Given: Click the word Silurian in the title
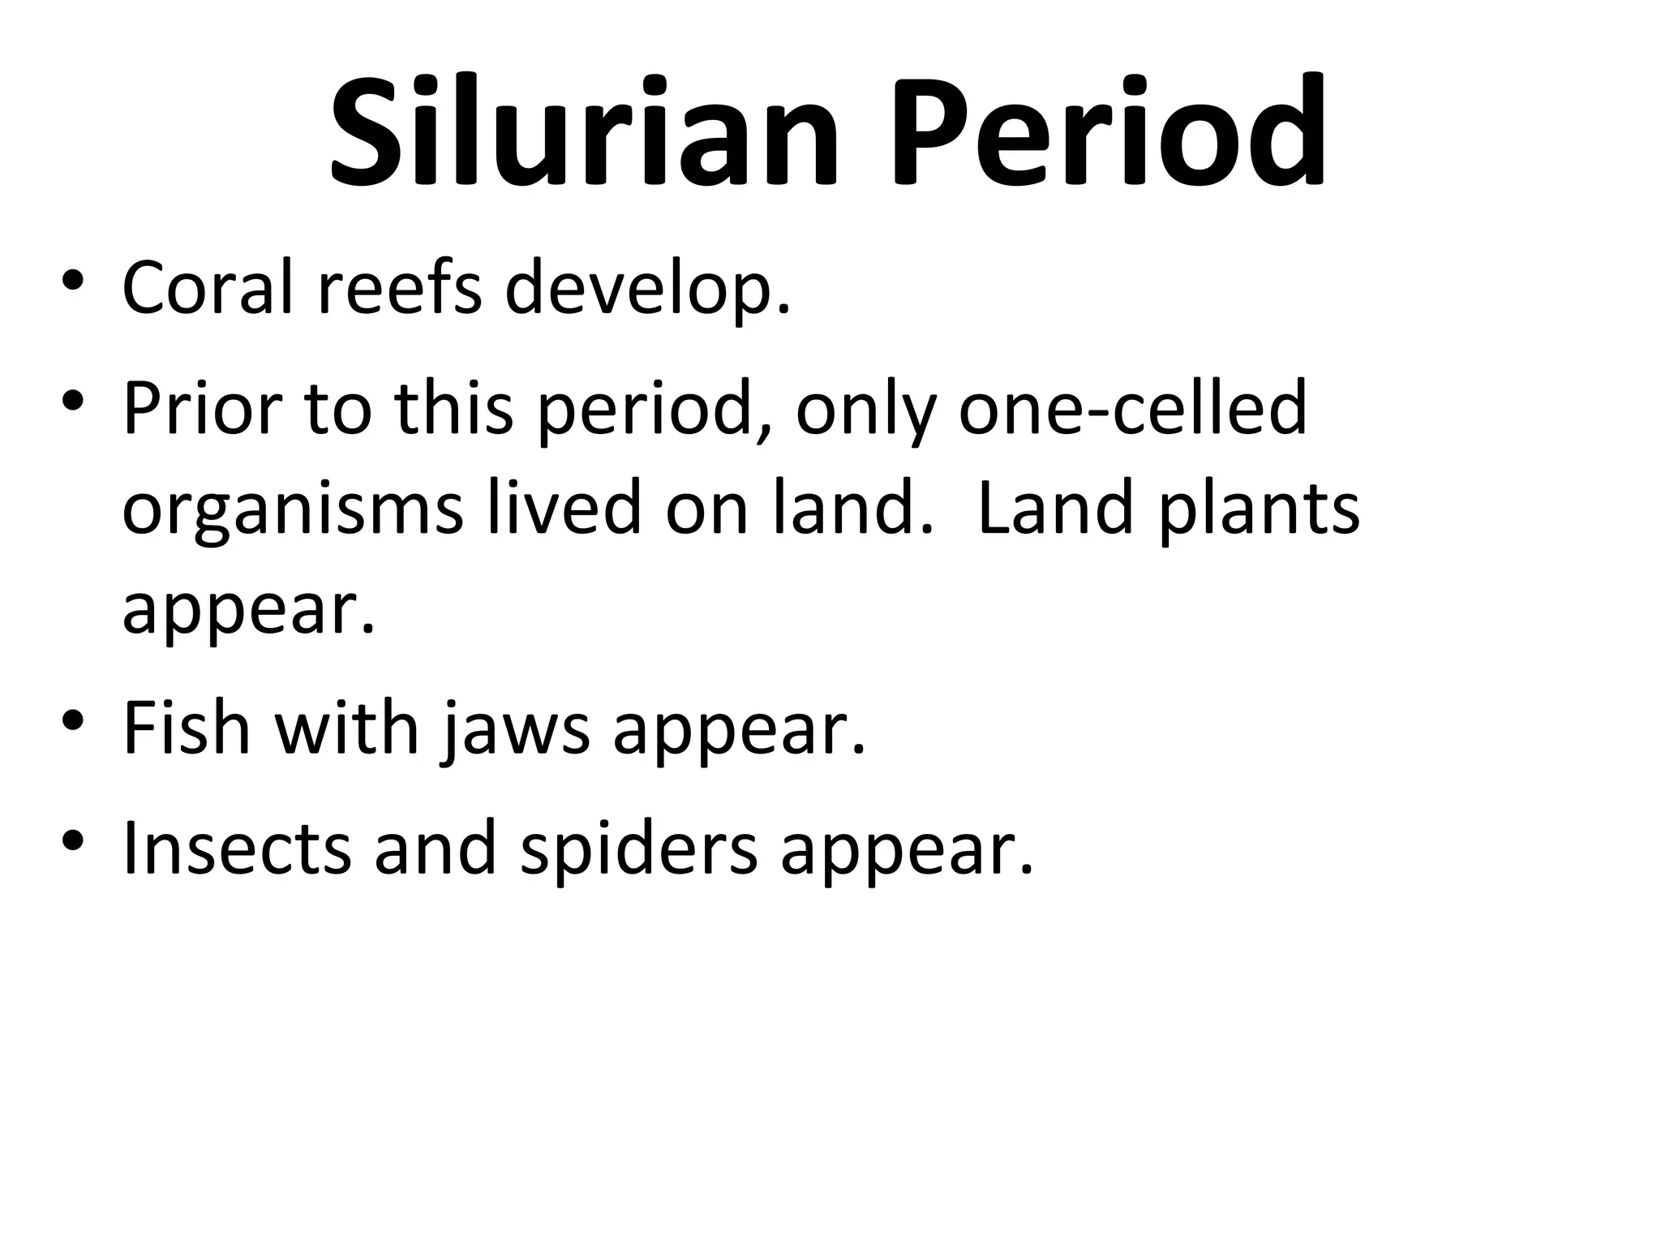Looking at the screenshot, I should (x=584, y=132).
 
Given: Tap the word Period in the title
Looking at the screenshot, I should (x=1109, y=132).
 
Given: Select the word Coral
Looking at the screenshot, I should (x=207, y=287).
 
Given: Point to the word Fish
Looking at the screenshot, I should (x=187, y=728).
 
